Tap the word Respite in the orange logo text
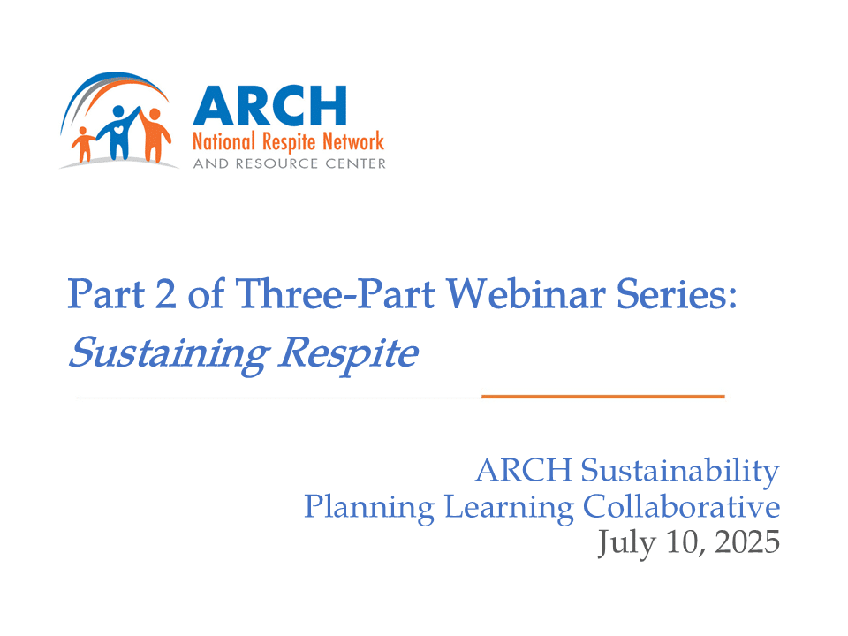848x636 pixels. (289, 143)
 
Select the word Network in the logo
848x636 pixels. (353, 141)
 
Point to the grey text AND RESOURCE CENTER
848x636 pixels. (290, 163)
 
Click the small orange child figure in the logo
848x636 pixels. (83, 144)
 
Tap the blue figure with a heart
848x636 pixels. (120, 133)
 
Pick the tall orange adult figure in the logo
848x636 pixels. (155, 134)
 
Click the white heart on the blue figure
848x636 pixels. (118, 130)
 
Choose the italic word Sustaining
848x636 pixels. (169, 354)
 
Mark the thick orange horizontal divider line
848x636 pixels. (603, 397)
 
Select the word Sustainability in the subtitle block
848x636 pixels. (680, 471)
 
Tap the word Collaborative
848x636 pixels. (681, 506)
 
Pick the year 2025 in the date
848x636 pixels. (747, 541)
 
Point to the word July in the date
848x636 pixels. (626, 543)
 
